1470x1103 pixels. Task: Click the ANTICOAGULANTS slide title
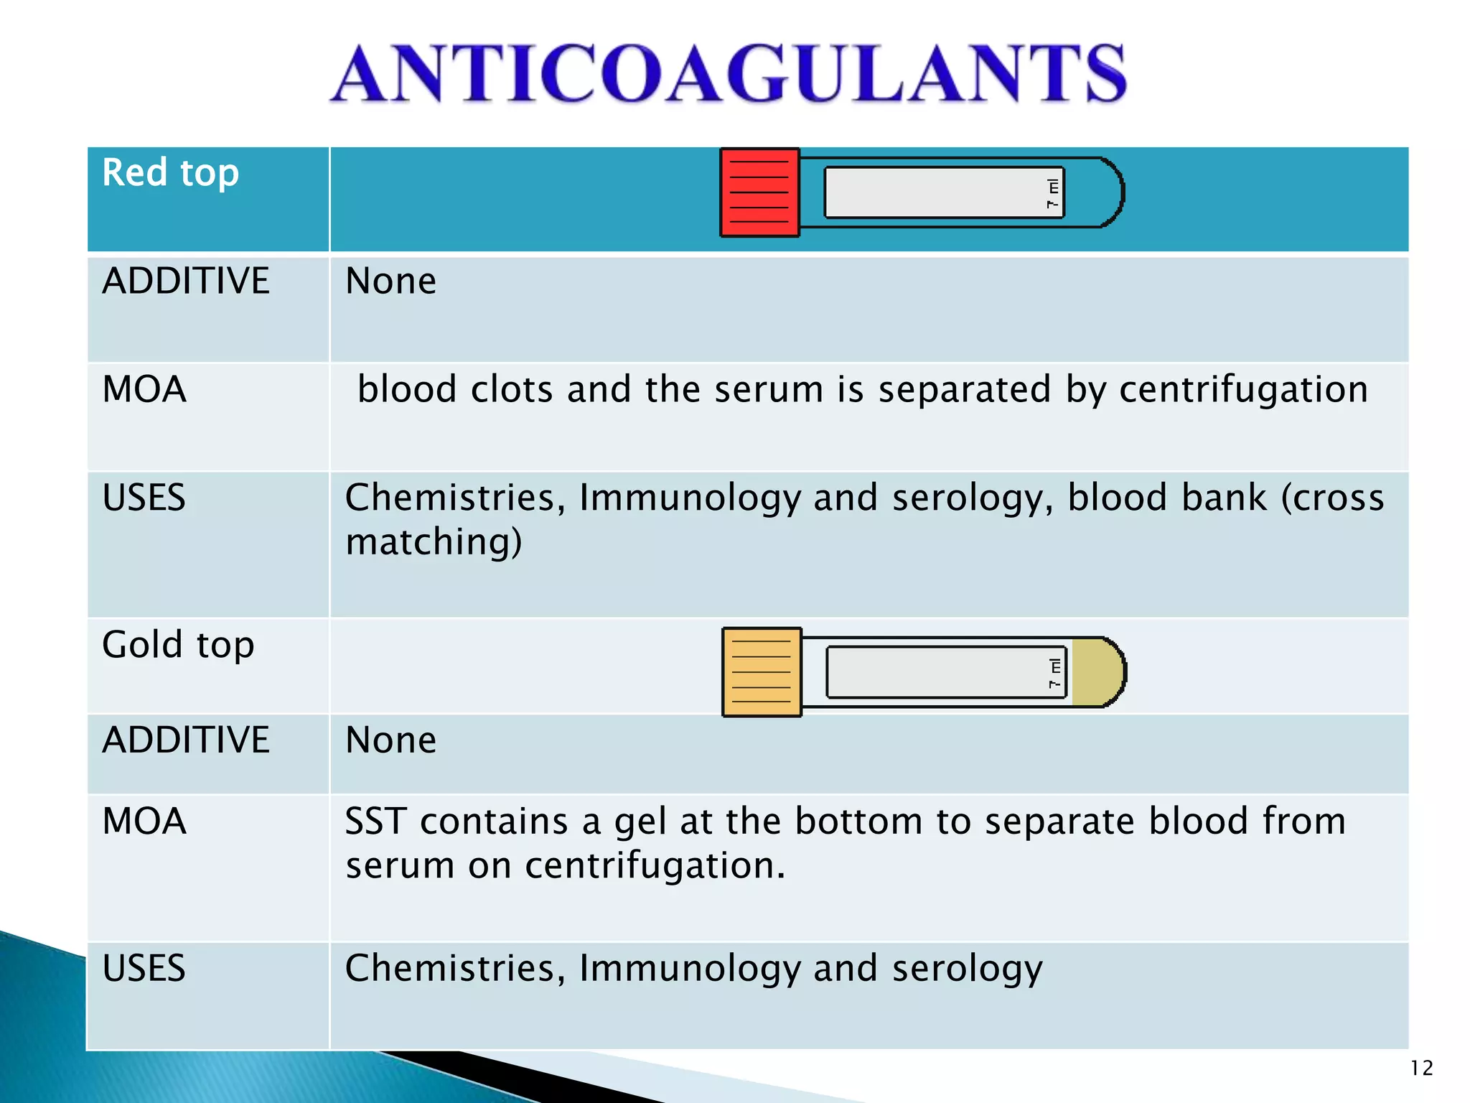[x=728, y=73]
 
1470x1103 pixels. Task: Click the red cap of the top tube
[x=759, y=192]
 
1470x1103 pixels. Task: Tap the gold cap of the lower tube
[x=762, y=672]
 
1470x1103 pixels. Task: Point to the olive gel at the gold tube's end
[x=1096, y=672]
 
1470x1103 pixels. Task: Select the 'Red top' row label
[x=170, y=173]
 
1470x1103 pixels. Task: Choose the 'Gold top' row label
[x=178, y=645]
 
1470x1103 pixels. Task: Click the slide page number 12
[x=1421, y=1068]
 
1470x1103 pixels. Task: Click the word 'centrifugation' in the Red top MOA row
[x=1243, y=390]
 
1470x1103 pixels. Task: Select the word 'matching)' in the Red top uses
[x=434, y=542]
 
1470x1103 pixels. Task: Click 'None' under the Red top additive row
[x=390, y=281]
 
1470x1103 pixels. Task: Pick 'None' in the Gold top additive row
[x=390, y=740]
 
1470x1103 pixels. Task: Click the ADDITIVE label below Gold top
[x=186, y=740]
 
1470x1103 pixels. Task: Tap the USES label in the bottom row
[x=144, y=968]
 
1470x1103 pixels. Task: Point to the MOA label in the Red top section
[x=144, y=390]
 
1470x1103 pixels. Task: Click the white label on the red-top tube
[x=943, y=192]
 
